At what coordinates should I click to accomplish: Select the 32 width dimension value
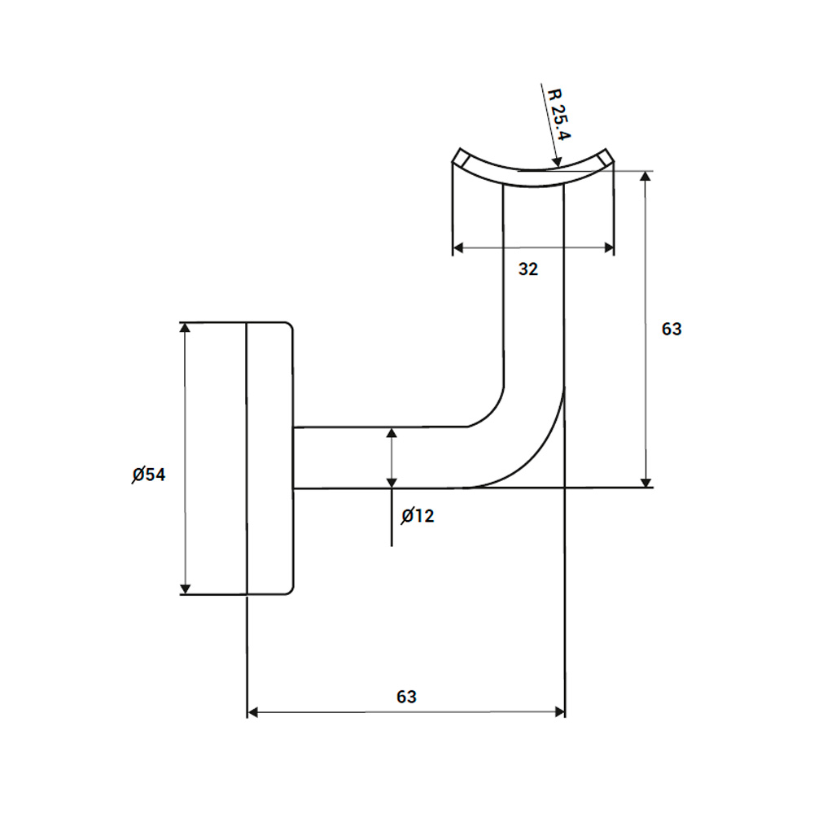click(528, 269)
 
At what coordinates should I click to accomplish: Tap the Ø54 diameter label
click(149, 475)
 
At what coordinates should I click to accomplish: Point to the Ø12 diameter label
click(418, 515)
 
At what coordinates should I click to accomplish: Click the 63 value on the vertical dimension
click(672, 330)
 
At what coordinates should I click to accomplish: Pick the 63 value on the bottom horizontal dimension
click(406, 697)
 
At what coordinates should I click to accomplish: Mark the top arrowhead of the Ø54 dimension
click(186, 328)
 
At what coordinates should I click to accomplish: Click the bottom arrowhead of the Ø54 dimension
click(186, 589)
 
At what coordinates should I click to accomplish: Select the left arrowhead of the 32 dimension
click(458, 247)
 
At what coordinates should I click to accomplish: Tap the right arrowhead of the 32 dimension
click(608, 247)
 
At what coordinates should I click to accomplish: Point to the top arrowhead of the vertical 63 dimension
click(646, 177)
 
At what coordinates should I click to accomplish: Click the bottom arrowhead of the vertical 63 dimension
click(646, 481)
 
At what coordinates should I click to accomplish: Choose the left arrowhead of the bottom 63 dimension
click(252, 712)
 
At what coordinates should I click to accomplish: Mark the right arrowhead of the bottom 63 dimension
click(559, 712)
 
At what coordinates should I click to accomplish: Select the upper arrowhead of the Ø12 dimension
click(392, 432)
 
